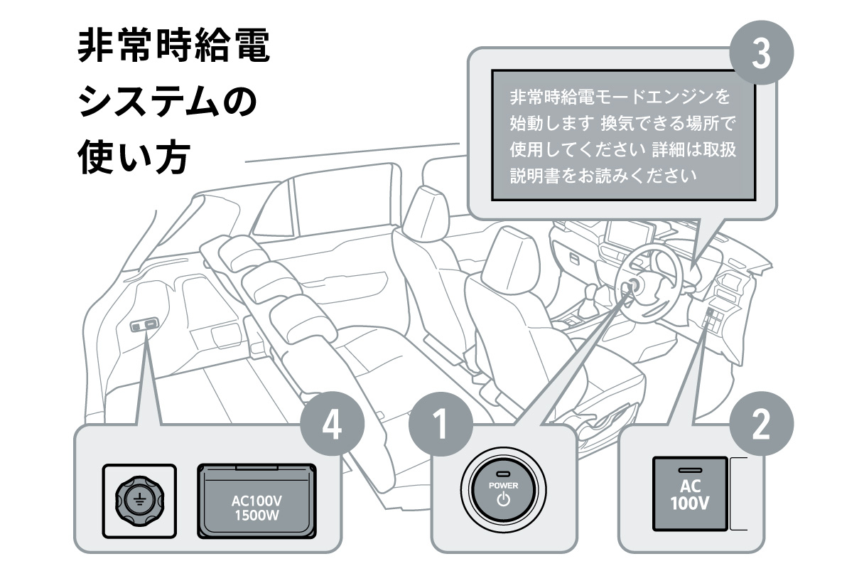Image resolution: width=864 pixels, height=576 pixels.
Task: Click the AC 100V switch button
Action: (x=689, y=494)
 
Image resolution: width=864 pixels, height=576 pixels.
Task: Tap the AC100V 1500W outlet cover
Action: (x=256, y=501)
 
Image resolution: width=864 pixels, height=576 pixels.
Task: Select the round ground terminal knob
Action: (x=139, y=501)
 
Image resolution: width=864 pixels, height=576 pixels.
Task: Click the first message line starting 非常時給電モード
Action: (x=620, y=96)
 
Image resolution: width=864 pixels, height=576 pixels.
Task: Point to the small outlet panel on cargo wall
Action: (x=143, y=325)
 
